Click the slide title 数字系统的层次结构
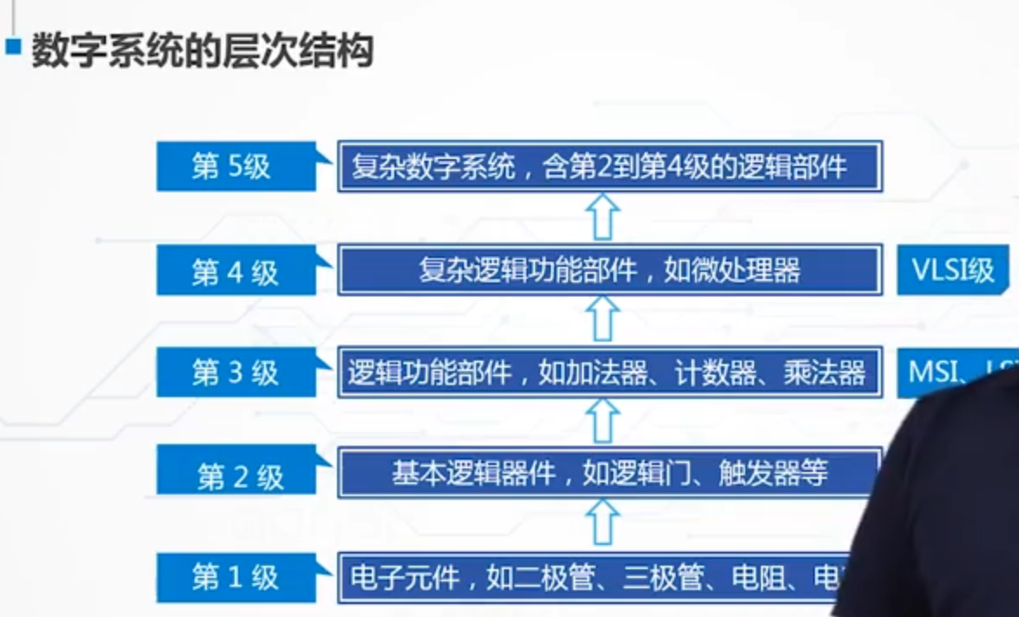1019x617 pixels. (202, 51)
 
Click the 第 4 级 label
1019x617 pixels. (234, 272)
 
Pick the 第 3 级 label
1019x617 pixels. (234, 373)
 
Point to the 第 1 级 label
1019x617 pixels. (234, 577)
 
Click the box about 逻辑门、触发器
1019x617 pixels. (608, 474)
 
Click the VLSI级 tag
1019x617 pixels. (952, 270)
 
